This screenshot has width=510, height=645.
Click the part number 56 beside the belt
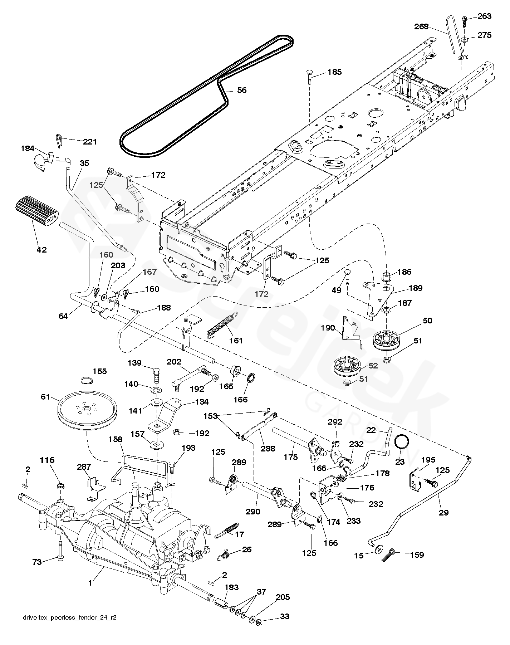[x=242, y=90]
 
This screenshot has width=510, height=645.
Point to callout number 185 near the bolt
[x=335, y=72]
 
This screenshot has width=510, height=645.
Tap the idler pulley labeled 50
[x=387, y=341]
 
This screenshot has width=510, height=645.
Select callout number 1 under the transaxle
[x=90, y=583]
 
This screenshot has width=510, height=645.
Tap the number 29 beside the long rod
[x=444, y=513]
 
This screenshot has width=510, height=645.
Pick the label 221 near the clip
[x=90, y=142]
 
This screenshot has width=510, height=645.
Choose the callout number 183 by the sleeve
[x=232, y=587]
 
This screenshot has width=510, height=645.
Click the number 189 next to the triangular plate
[x=416, y=288]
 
